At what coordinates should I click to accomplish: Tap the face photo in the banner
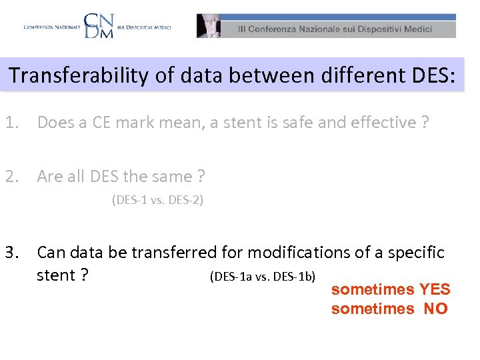[209, 26]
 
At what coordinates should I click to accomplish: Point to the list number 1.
[11, 123]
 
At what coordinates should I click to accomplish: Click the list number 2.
[11, 177]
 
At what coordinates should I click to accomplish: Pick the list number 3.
[11, 253]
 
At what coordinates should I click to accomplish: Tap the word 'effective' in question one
[379, 123]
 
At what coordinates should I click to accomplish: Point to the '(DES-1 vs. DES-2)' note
[157, 200]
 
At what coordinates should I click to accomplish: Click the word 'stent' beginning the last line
[55, 275]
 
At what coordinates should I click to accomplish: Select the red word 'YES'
[434, 289]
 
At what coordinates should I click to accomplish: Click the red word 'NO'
[435, 309]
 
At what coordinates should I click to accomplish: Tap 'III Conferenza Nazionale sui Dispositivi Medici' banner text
[335, 29]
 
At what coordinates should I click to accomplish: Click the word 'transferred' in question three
[174, 253]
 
